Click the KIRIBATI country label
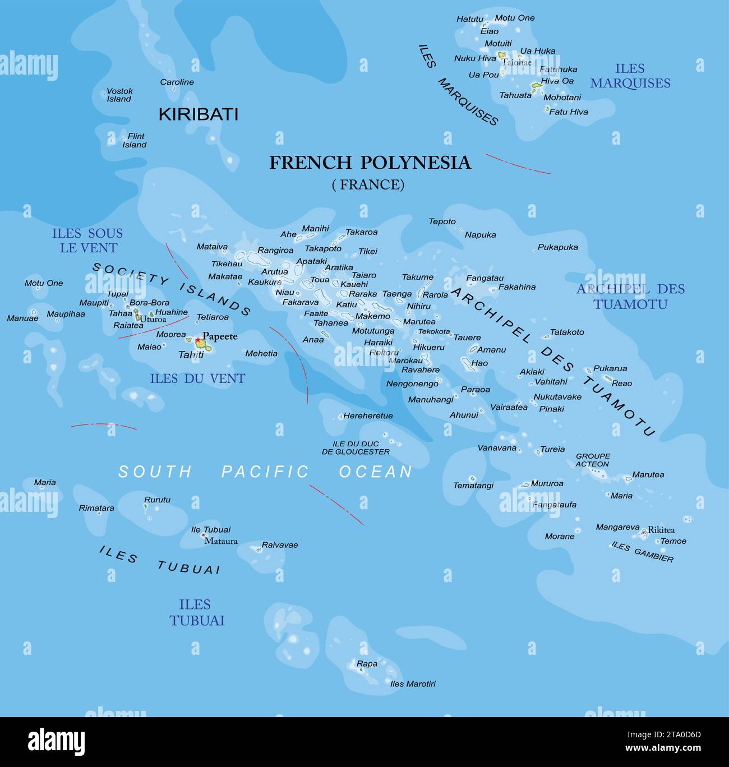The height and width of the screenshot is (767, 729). coord(199,114)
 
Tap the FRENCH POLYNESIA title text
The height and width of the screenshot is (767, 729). coord(370,163)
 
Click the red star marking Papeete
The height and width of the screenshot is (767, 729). coord(197,340)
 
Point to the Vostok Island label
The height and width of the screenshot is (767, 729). coord(119,95)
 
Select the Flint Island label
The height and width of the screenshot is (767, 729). coord(135,140)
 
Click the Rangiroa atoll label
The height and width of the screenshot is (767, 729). coord(275,251)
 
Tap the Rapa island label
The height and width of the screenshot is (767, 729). coord(367,664)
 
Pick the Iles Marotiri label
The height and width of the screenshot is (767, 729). coord(413,683)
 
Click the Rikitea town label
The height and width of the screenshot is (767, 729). coord(661,530)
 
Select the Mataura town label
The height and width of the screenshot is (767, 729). coord(221,541)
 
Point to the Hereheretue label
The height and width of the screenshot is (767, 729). coord(368,416)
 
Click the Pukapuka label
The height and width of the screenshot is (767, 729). coord(557,247)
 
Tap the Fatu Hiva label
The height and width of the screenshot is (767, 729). coord(568,112)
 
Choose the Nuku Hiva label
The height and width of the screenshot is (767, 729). coord(475,58)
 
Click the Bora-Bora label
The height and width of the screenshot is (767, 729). coord(149,303)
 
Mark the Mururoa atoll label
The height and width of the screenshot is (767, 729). coord(547,483)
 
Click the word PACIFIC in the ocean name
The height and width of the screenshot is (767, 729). coord(265,472)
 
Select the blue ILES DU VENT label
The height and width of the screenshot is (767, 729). coord(197,379)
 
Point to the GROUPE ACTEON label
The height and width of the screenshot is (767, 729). coord(593,460)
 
